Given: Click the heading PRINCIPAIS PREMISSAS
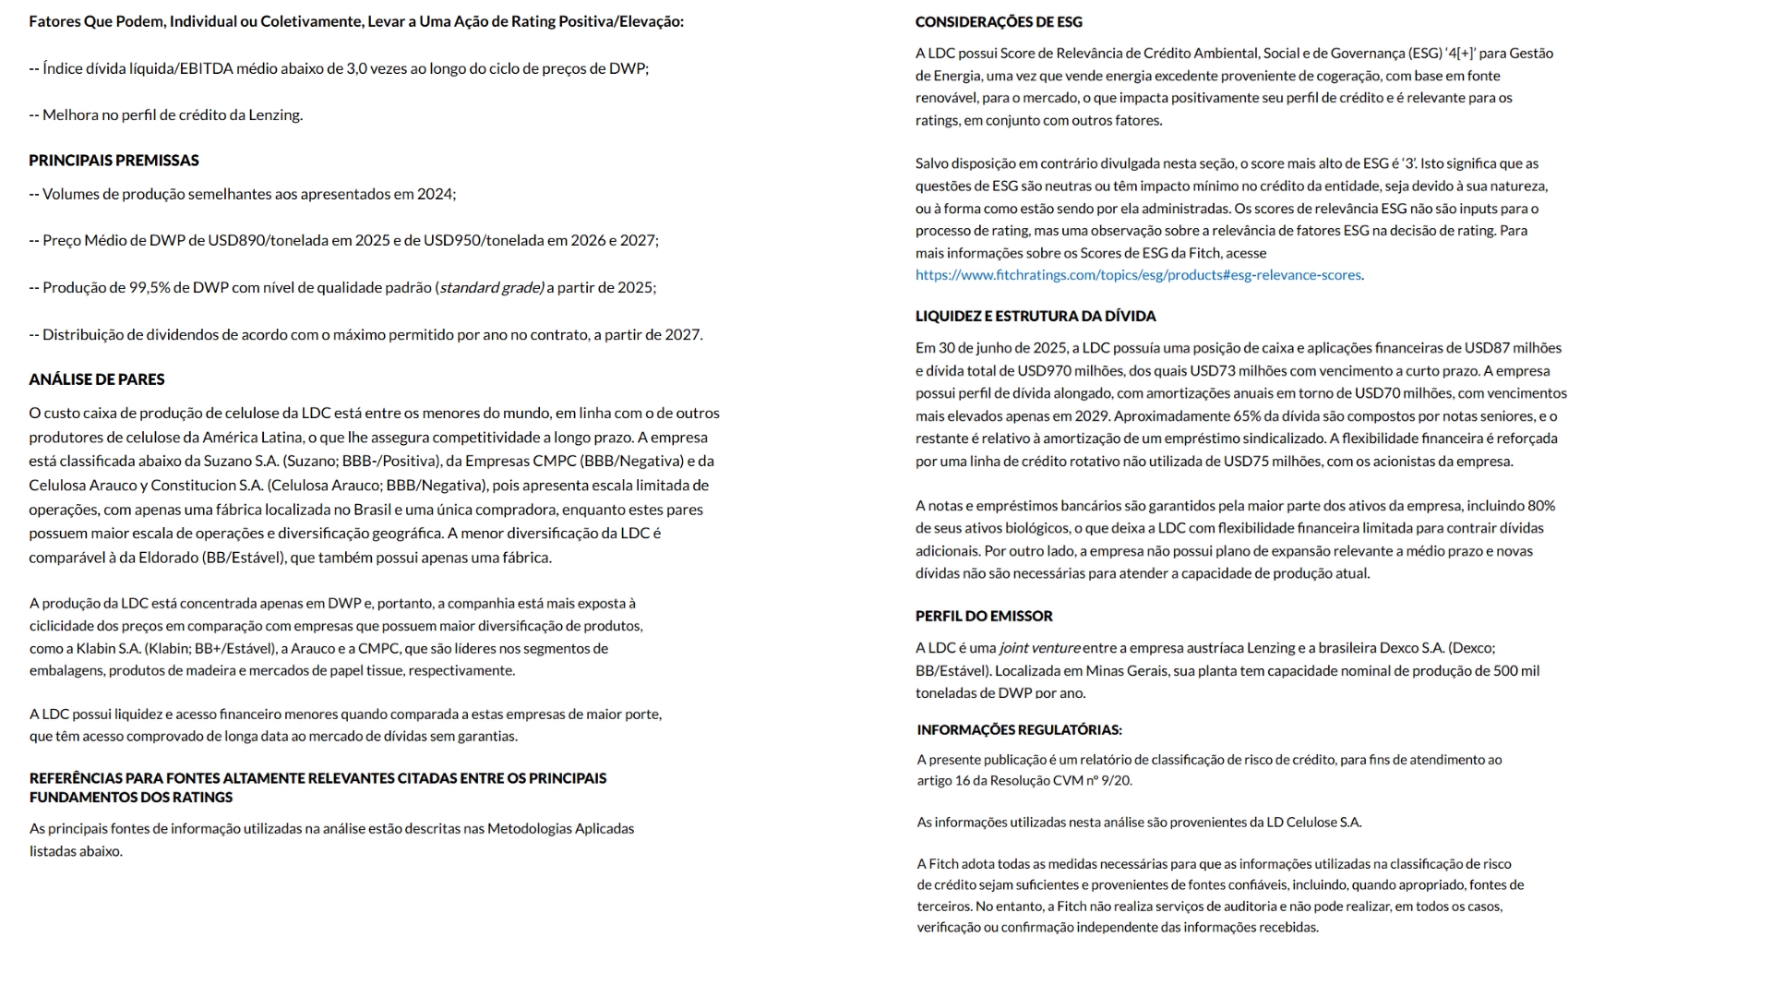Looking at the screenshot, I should (x=114, y=161).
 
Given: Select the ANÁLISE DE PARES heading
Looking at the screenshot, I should (x=97, y=379).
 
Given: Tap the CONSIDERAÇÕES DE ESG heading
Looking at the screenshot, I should (x=999, y=22).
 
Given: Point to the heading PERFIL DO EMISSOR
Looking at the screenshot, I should (x=984, y=617).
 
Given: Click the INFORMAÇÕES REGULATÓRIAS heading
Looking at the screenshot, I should (x=1019, y=730).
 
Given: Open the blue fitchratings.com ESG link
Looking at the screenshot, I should (x=1138, y=275).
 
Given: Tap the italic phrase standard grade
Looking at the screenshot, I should (x=491, y=288).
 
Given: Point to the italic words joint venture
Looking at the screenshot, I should (x=1039, y=648).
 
